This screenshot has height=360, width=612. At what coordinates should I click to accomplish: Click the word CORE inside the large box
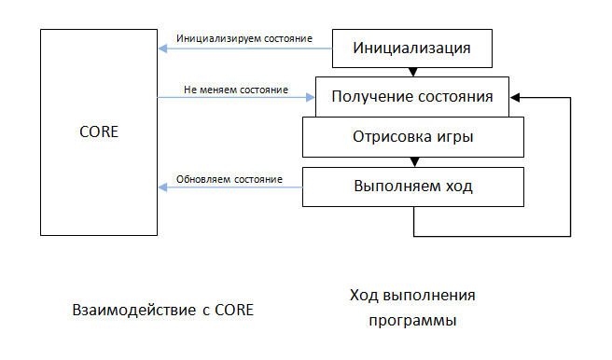tap(99, 132)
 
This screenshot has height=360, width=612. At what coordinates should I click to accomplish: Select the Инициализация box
tap(411, 48)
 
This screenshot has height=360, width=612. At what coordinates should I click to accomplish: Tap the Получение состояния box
tap(412, 96)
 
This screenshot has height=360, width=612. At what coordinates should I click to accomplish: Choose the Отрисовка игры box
tap(412, 136)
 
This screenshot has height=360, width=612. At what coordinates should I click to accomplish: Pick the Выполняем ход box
tap(412, 185)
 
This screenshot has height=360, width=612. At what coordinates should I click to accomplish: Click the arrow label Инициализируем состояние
tap(244, 39)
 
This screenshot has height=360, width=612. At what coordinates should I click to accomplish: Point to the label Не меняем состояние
tap(235, 90)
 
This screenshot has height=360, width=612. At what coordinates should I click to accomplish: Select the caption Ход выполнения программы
tap(412, 308)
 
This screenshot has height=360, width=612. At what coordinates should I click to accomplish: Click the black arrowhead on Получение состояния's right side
tap(514, 96)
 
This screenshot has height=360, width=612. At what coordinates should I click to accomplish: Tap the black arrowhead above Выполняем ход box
tap(412, 161)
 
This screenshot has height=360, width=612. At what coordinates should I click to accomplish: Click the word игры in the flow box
tap(453, 137)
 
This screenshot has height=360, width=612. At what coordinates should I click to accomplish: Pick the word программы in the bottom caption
tap(411, 320)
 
